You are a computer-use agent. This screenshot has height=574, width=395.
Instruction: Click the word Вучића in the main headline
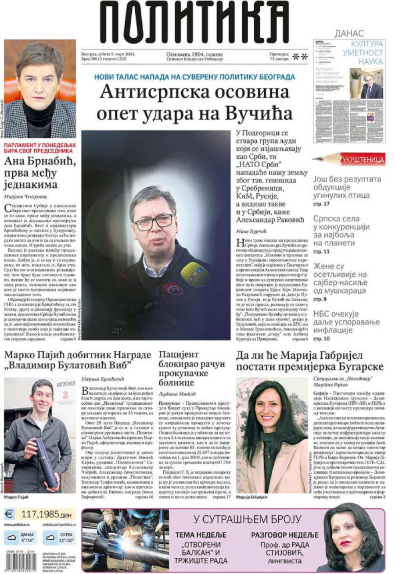pos(259,113)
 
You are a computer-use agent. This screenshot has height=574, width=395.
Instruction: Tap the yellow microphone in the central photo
pos(195,274)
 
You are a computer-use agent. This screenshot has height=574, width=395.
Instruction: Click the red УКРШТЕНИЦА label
pos(363,159)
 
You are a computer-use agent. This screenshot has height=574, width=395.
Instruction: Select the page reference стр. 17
pos(321,204)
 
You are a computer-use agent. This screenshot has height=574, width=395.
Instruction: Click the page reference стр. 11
pos(321,252)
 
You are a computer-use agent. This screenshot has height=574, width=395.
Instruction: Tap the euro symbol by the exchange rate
pos(10,513)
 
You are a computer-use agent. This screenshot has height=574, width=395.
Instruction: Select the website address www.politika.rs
pos(17,524)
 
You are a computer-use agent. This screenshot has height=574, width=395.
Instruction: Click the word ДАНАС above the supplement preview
pos(349,33)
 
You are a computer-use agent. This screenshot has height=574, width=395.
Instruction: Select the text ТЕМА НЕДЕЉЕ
pos(201,535)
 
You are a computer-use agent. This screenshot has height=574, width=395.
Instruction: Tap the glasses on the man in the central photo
pos(154,222)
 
